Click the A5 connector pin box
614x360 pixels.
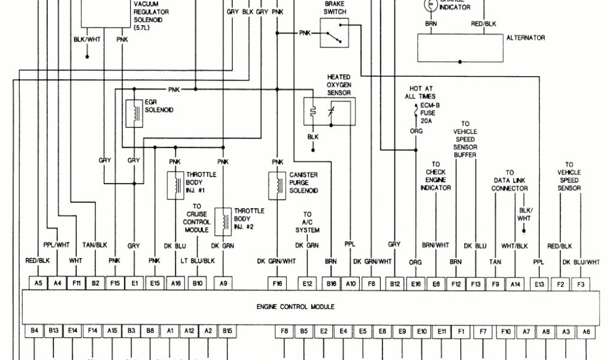pyautogui.click(x=38, y=282)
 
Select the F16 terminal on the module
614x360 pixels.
pyautogui.click(x=276, y=282)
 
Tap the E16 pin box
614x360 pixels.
pyautogui.click(x=416, y=282)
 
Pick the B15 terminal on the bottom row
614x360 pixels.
pyautogui.click(x=227, y=330)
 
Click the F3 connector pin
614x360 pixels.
pyautogui.click(x=580, y=282)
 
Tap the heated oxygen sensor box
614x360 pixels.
pyautogui.click(x=329, y=111)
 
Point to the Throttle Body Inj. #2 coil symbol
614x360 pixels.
pyautogui.click(x=223, y=220)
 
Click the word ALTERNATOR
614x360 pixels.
pyautogui.click(x=525, y=38)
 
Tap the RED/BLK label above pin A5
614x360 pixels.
pyautogui.click(x=38, y=261)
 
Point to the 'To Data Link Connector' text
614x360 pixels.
pyautogui.click(x=510, y=181)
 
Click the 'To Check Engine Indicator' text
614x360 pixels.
pyautogui.click(x=435, y=176)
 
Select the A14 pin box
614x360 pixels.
pyautogui.click(x=514, y=282)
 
